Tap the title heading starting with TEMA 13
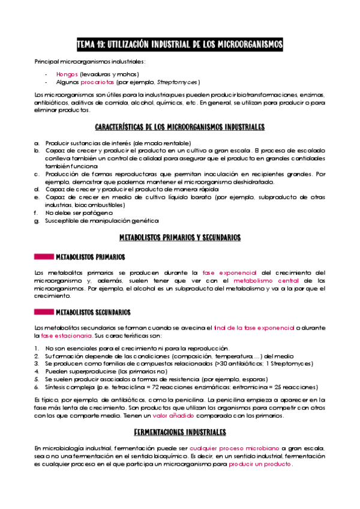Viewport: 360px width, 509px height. (x=180, y=45)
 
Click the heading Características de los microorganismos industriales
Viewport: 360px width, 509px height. (x=180, y=128)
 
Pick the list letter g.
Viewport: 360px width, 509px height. (x=37, y=221)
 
